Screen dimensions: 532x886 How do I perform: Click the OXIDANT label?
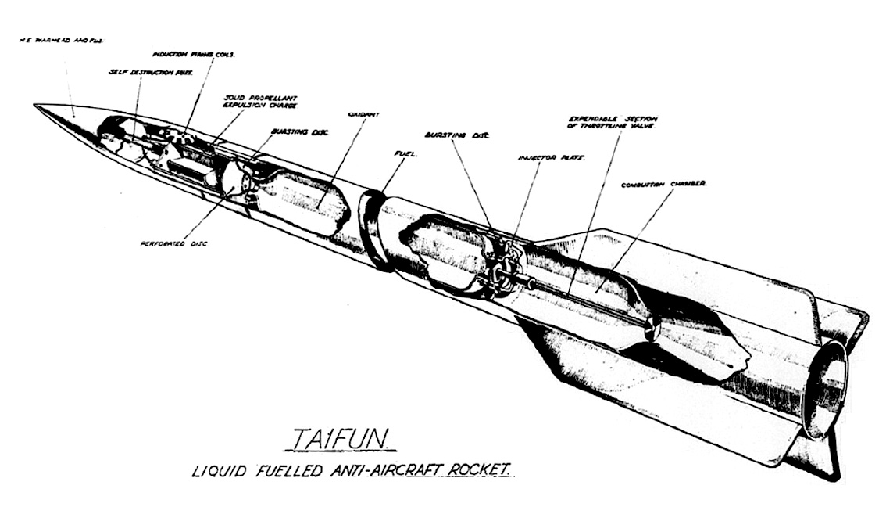(x=365, y=114)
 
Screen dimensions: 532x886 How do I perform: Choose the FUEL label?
(x=408, y=154)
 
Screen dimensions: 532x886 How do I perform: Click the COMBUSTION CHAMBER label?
(x=663, y=185)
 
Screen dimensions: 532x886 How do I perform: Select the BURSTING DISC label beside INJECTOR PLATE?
(x=457, y=134)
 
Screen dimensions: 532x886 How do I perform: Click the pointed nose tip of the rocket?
(x=37, y=106)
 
